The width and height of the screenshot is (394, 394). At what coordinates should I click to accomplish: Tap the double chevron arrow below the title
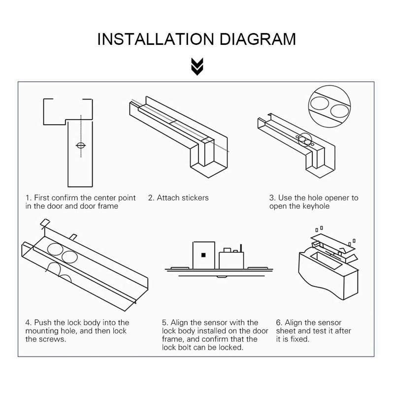point(197,66)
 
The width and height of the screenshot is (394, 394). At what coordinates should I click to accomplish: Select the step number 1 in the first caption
point(28,198)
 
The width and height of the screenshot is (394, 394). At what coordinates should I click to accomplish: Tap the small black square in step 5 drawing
point(202,255)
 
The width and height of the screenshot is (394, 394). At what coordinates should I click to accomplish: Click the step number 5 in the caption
point(164,323)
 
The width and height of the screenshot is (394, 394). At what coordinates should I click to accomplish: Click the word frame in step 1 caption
point(108,206)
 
